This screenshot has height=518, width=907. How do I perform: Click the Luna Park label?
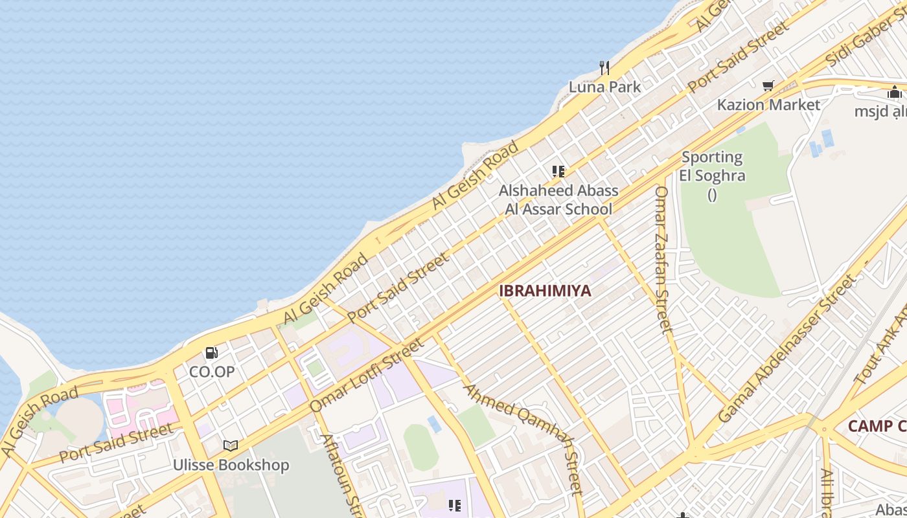click(x=604, y=87)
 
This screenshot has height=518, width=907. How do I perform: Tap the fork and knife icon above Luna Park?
click(x=604, y=68)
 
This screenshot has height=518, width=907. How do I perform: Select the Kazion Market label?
click(x=768, y=104)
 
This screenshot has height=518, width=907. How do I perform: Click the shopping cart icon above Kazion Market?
click(x=768, y=85)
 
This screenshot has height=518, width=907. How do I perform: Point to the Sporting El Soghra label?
click(x=712, y=167)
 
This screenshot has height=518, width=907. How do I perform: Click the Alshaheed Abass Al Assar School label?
click(x=558, y=199)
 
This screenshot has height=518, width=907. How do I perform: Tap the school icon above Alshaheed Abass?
click(x=558, y=172)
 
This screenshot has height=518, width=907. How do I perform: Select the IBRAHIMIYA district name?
click(x=545, y=291)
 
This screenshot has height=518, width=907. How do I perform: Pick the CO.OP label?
click(x=212, y=372)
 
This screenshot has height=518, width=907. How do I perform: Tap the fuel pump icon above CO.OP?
click(x=212, y=353)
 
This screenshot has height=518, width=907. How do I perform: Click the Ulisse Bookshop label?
click(x=231, y=465)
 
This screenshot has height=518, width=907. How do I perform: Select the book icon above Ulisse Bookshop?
click(x=231, y=445)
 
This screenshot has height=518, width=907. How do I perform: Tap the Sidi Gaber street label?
click(x=865, y=39)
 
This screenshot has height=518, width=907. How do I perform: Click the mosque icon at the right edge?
click(x=895, y=92)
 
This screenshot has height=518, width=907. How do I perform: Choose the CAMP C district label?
click(x=877, y=426)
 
